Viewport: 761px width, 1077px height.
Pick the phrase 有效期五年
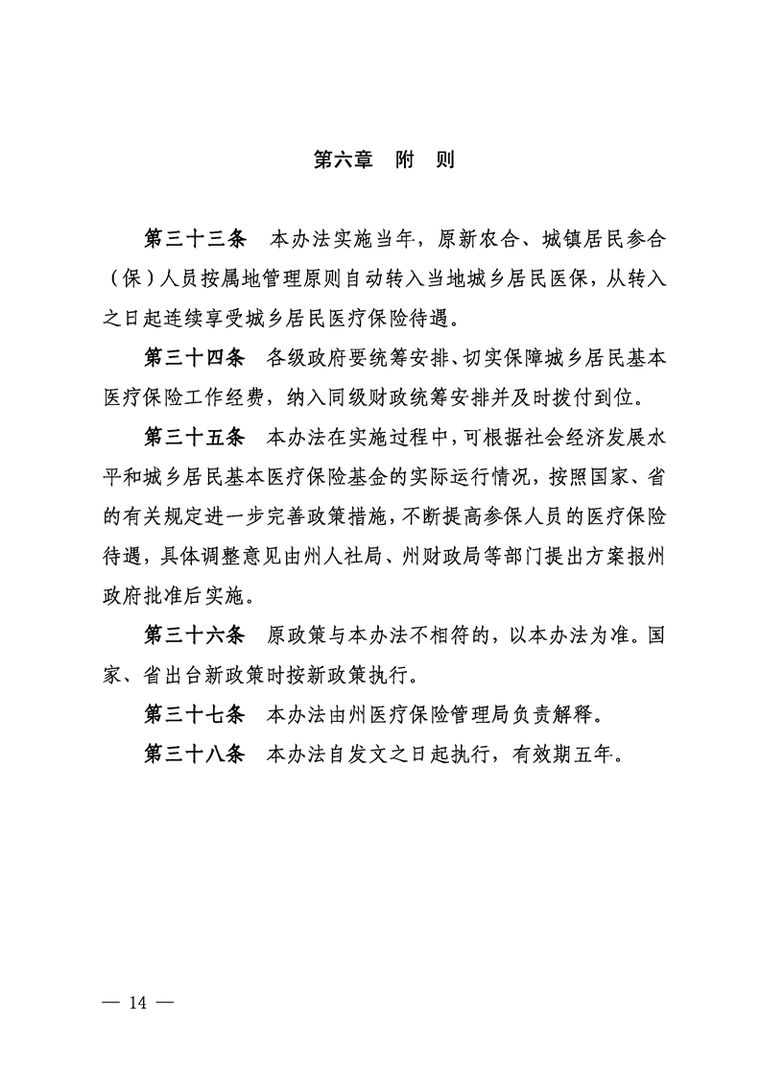coord(570,754)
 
